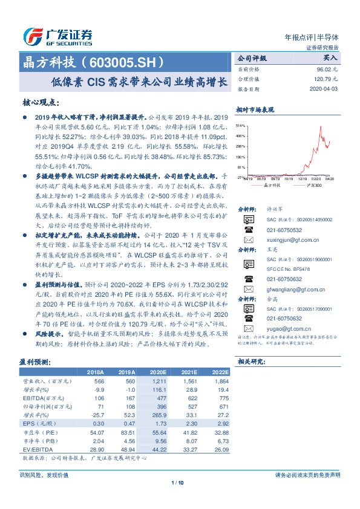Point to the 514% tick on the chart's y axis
[240, 124]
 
